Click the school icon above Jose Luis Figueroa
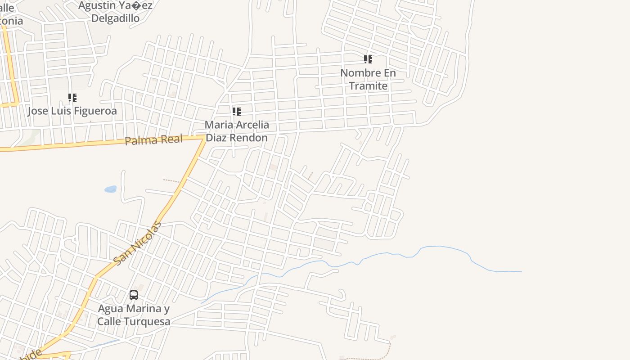(72, 98)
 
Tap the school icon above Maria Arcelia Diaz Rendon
(236, 112)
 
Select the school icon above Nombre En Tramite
(368, 59)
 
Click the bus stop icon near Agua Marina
(134, 295)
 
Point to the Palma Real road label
(153, 140)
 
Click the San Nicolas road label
(137, 243)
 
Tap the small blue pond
(110, 189)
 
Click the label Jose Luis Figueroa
(72, 111)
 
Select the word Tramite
(368, 86)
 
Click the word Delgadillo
(115, 18)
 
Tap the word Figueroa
(96, 111)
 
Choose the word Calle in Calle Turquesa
(109, 321)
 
